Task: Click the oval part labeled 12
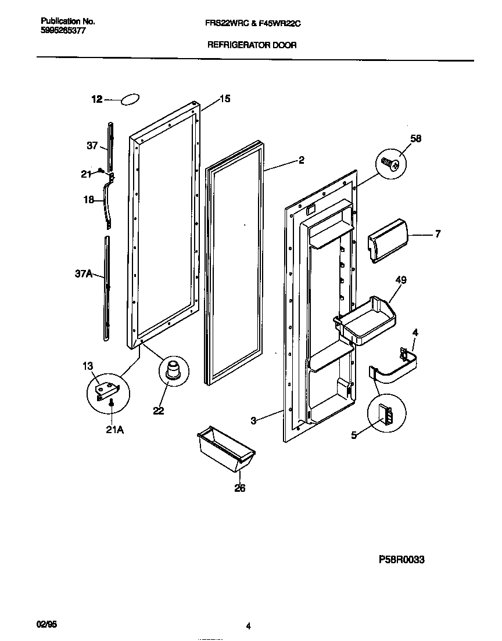pos(131,100)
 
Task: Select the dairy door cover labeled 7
pos(388,239)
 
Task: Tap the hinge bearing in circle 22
pos(172,370)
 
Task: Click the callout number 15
pos(225,99)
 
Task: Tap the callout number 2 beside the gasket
pos(301,161)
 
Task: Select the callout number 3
pos(253,421)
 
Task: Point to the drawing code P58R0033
pos(401,560)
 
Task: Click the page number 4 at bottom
pos(248,626)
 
